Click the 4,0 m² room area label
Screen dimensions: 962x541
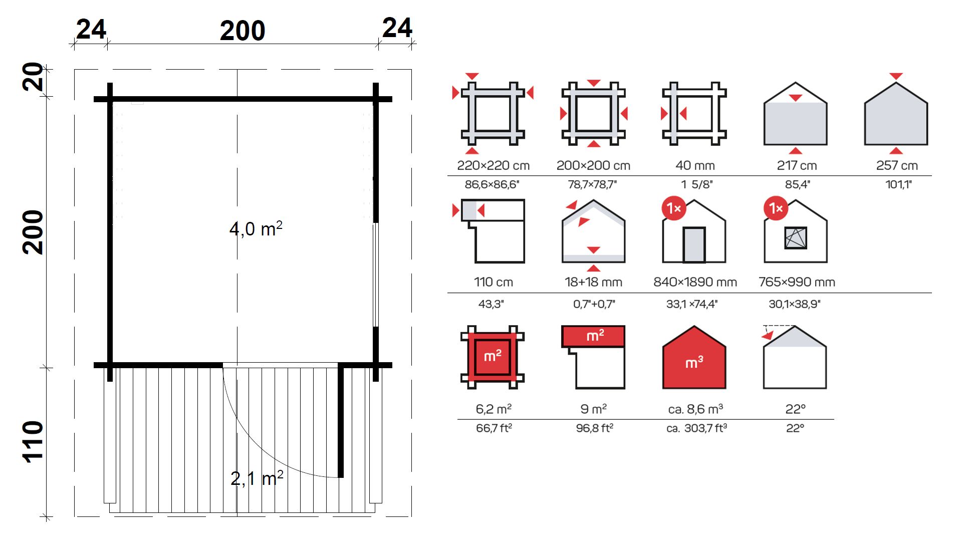[x=256, y=228]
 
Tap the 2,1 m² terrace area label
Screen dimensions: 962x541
[x=257, y=478]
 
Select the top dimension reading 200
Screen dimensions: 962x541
[x=243, y=31]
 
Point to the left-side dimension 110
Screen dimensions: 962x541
[x=33, y=441]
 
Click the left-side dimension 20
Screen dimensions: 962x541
[x=33, y=77]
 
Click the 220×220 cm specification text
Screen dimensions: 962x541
[x=493, y=165]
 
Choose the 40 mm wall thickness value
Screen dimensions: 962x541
[x=695, y=165]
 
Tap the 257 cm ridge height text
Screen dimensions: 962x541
[x=897, y=165]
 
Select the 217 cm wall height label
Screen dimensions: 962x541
[x=797, y=165]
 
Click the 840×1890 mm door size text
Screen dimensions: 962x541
[x=695, y=282]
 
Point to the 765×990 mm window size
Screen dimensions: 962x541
[x=797, y=282]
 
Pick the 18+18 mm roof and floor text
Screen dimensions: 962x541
[x=593, y=282]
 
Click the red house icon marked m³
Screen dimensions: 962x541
[x=694, y=357]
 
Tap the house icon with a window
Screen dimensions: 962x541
[x=796, y=231]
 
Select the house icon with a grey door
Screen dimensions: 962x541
[x=694, y=231]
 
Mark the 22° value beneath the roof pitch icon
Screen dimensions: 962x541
[x=795, y=409]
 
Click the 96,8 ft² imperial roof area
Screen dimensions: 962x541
[x=594, y=428]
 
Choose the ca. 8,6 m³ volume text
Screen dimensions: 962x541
[x=695, y=409]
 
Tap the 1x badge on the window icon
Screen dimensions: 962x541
[x=776, y=208]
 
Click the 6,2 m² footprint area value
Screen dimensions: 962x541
[x=494, y=409]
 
